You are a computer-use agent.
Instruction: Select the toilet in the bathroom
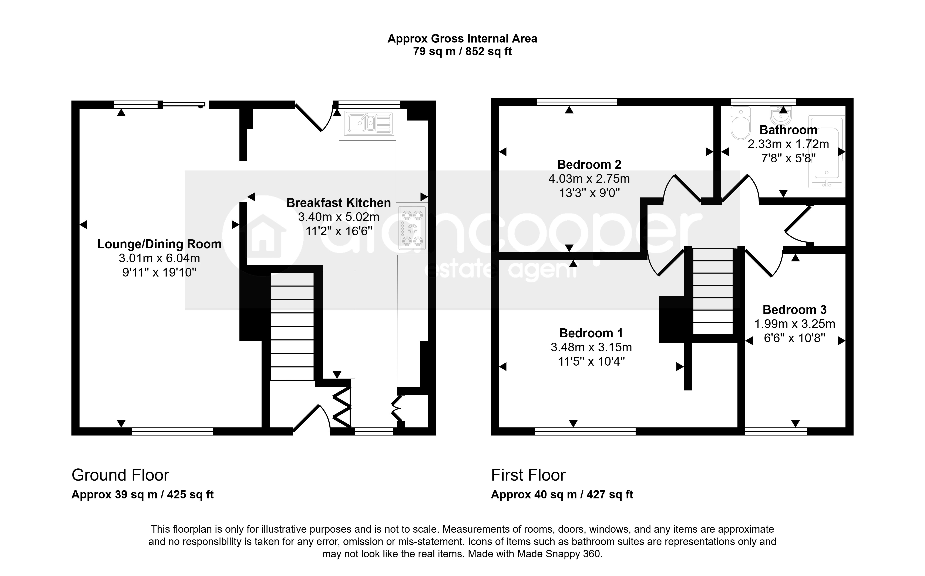click(741, 123)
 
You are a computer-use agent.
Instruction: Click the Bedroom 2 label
click(589, 165)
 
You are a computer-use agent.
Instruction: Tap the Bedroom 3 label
click(795, 310)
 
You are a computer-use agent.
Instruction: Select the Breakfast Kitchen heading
click(339, 203)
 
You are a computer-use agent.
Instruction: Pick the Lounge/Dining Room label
click(159, 244)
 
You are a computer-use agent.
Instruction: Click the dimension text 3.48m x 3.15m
click(591, 347)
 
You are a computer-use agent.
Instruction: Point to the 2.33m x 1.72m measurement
click(788, 144)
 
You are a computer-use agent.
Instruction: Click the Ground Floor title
click(120, 475)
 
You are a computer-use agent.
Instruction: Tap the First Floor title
click(528, 475)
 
